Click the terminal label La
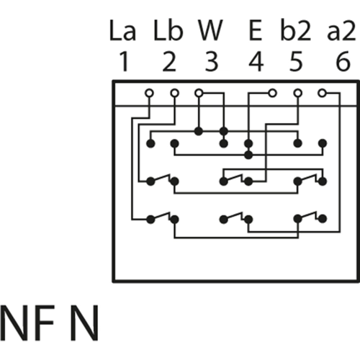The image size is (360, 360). tap(123, 33)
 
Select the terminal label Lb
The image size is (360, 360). tap(168, 33)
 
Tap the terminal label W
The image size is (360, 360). tap(211, 33)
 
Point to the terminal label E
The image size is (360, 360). tap(255, 33)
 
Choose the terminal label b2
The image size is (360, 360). tap(296, 33)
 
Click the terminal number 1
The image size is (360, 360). tap(123, 63)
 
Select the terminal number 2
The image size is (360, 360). tap(168, 63)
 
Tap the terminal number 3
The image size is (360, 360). tap(211, 63)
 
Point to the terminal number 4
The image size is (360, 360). tap(255, 63)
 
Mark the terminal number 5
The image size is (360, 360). tap(296, 63)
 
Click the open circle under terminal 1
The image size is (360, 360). tap(149, 93)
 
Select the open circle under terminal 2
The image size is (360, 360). tap(174, 93)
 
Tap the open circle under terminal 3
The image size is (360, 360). tap(199, 93)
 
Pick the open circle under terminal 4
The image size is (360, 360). tap(273, 93)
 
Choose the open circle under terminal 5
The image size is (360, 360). tap(297, 93)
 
